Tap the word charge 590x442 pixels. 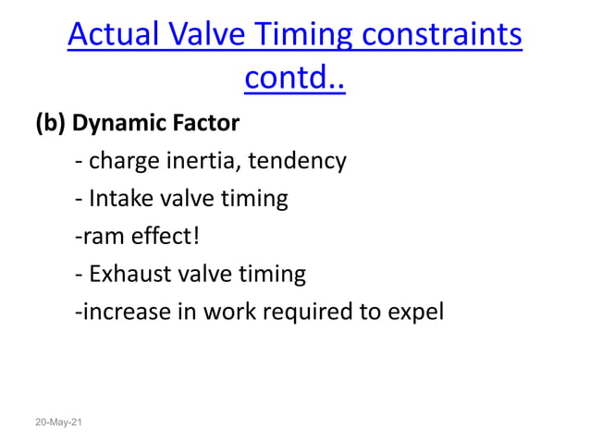point(125,161)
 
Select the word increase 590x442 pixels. point(120,313)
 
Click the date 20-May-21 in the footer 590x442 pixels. point(59,422)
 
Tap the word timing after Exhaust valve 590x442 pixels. point(272,275)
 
